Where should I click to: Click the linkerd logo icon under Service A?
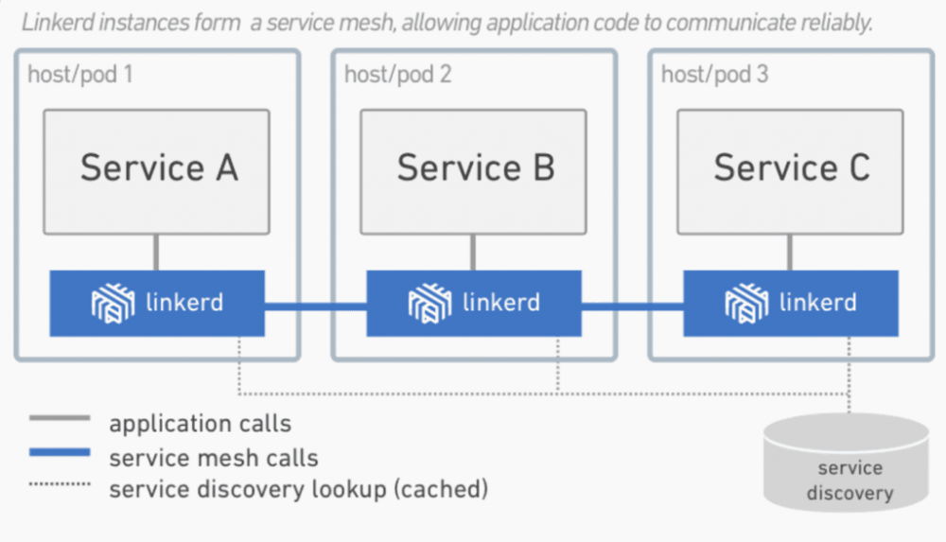point(114,304)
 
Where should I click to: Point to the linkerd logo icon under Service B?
point(430,304)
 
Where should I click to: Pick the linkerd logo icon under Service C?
point(747,304)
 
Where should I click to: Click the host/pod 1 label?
point(80,74)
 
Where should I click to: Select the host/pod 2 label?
point(397,74)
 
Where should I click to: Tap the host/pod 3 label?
point(714,74)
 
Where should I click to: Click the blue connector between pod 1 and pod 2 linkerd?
point(315,305)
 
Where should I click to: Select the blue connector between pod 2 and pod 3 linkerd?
point(632,305)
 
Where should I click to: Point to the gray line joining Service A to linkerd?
point(157,253)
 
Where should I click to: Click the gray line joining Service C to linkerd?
point(791,253)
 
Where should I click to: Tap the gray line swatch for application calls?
point(60,418)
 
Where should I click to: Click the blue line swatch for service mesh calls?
point(60,453)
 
